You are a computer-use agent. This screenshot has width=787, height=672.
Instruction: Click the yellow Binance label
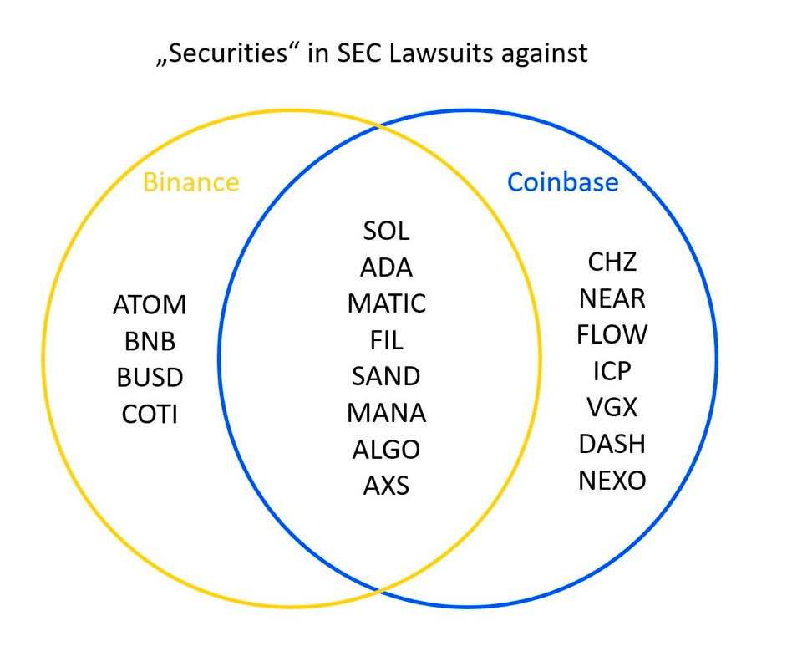190,182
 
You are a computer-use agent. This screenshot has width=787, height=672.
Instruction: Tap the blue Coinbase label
563,182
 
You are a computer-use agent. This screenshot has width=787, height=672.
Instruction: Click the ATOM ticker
150,305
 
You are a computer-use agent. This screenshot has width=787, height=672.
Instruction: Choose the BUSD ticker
150,378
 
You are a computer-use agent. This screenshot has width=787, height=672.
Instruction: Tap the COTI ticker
150,414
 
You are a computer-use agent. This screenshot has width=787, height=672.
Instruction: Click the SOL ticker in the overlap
386,231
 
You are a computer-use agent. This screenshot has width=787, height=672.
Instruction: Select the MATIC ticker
386,303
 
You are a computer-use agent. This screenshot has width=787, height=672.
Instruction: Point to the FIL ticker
386,340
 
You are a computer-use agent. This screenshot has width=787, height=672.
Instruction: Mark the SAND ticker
386,376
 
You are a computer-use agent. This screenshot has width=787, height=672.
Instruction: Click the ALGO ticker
386,449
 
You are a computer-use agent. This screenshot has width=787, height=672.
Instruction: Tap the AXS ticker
386,485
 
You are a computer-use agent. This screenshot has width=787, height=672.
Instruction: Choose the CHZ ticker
612,262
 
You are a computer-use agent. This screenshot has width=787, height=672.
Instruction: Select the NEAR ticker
612,298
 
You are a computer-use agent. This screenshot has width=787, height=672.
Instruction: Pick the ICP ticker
612,371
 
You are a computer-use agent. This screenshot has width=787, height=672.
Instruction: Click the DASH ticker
612,444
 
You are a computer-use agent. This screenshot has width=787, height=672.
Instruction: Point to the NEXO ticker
612,481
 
